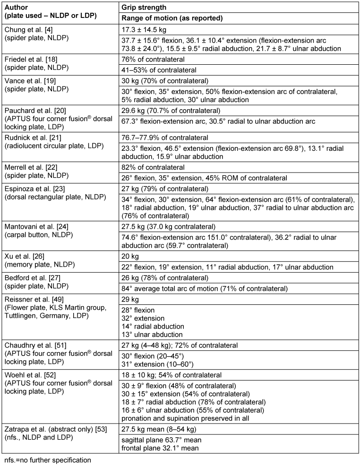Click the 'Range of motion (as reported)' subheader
pos(172,18)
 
